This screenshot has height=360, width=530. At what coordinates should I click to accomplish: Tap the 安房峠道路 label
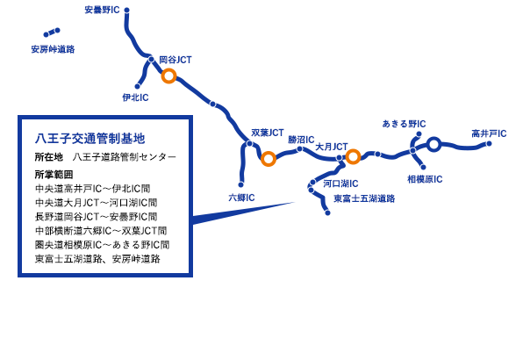click(53, 49)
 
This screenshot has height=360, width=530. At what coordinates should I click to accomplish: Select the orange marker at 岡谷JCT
click(170, 76)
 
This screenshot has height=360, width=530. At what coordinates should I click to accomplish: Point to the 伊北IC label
click(135, 97)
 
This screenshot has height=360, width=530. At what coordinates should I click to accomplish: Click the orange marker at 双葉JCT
click(269, 159)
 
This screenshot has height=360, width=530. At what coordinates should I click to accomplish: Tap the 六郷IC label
click(241, 198)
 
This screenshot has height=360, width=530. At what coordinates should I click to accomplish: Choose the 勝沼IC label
click(301, 139)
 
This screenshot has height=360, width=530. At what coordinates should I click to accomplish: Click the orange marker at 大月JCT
click(353, 157)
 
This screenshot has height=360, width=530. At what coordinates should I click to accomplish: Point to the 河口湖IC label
click(338, 184)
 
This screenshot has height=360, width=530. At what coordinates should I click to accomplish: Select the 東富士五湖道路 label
click(364, 198)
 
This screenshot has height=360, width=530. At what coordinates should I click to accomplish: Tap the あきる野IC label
click(404, 124)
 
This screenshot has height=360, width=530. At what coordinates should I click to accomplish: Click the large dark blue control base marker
click(433, 145)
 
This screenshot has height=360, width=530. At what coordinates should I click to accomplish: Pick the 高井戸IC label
click(488, 133)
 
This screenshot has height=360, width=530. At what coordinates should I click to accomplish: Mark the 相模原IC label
click(426, 179)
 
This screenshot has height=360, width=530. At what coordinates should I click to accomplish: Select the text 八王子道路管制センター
click(125, 157)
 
